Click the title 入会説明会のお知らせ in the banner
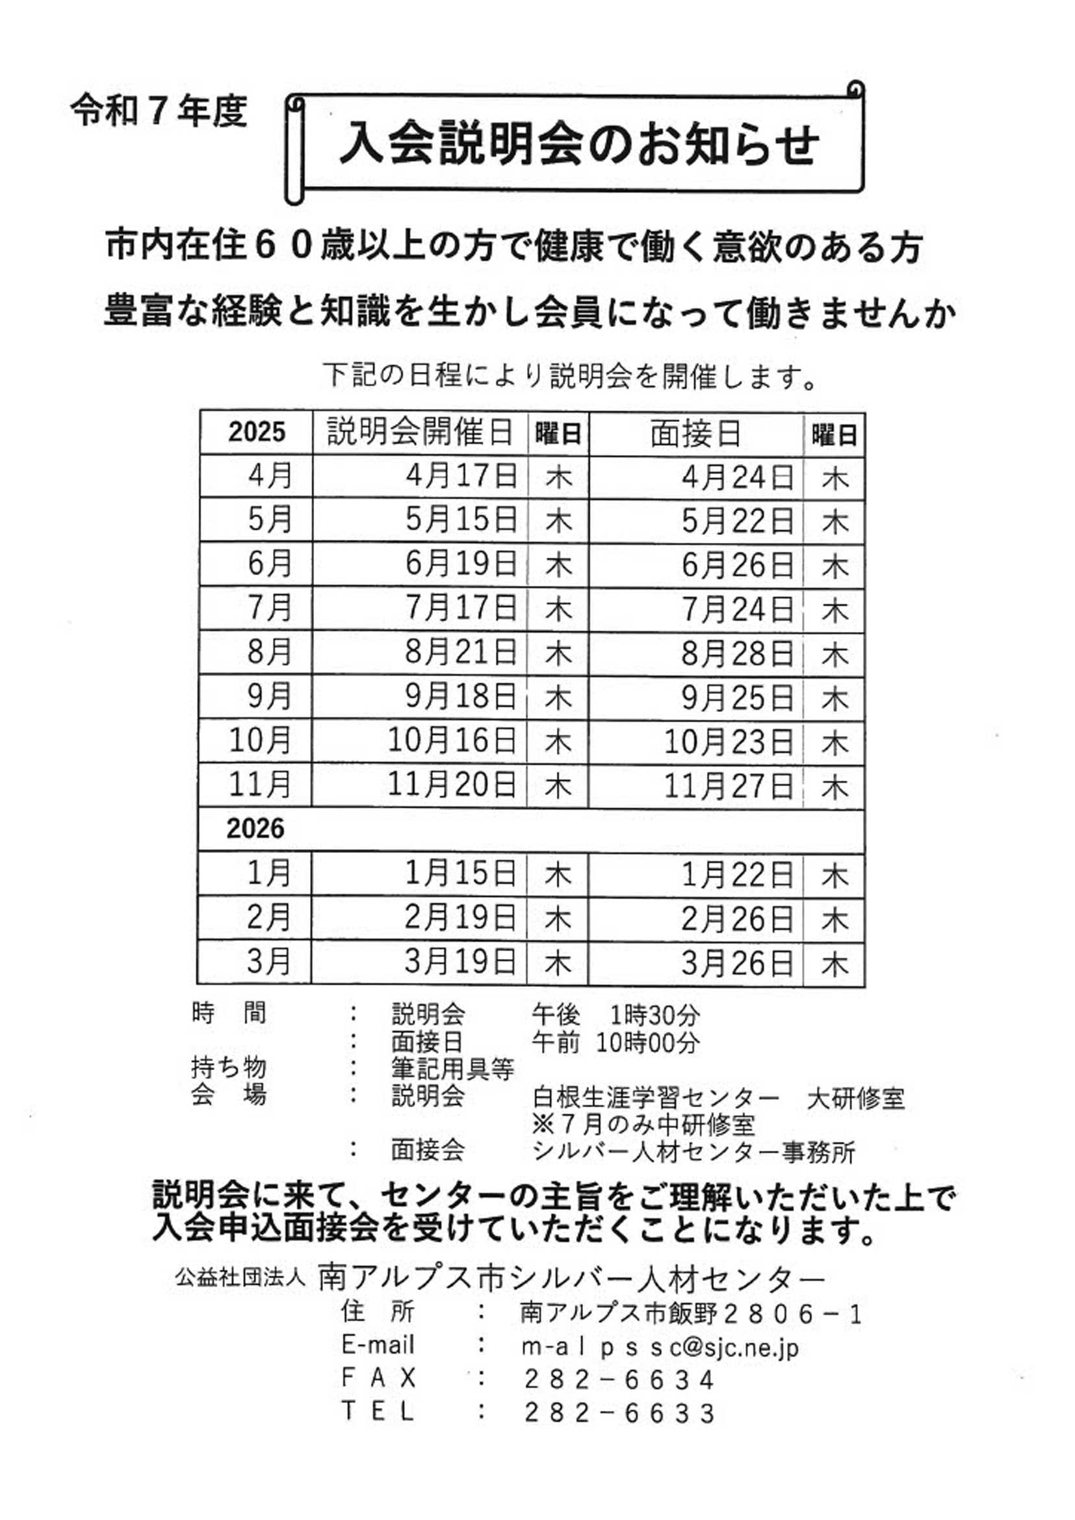pos(579,144)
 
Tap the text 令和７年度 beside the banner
pos(159,111)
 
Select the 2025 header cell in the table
pos(257,432)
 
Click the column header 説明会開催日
pos(421,432)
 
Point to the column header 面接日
pos(695,434)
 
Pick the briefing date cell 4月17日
pos(461,476)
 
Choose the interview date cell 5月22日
pos(738,521)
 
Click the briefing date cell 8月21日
pos(461,653)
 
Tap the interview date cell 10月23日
pos(728,742)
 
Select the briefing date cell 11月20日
pos(452,785)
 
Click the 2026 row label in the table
pos(255,829)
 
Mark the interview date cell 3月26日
pos(738,964)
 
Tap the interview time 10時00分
pos(647,1043)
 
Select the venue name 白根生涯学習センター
pos(654,1098)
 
